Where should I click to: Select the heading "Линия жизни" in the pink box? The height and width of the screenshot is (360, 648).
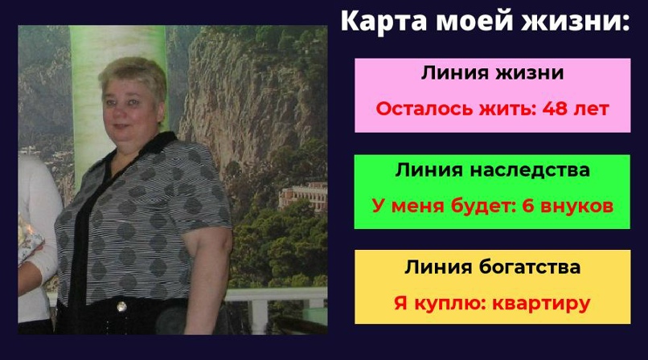coord(492,72)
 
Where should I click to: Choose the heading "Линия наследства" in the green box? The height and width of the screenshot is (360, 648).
coord(492,170)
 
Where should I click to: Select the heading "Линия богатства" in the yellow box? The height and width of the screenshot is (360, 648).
coord(492,267)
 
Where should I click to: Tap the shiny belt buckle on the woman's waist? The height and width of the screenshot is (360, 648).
coord(121,305)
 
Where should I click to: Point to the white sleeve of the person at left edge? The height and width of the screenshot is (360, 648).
coord(36,217)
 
